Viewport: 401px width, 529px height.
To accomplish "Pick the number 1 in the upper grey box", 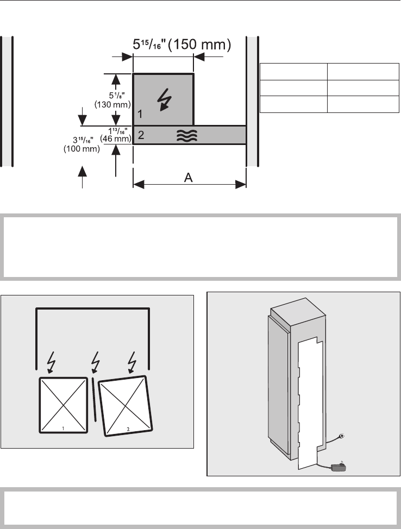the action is click(140, 115).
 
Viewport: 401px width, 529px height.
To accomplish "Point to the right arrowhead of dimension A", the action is click(242, 185).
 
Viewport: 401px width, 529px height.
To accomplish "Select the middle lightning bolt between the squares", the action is click(93, 362).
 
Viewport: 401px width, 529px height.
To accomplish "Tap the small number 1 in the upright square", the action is click(64, 429).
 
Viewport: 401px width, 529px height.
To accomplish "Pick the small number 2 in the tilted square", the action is click(128, 430).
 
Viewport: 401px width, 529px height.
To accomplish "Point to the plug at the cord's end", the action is click(341, 436).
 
